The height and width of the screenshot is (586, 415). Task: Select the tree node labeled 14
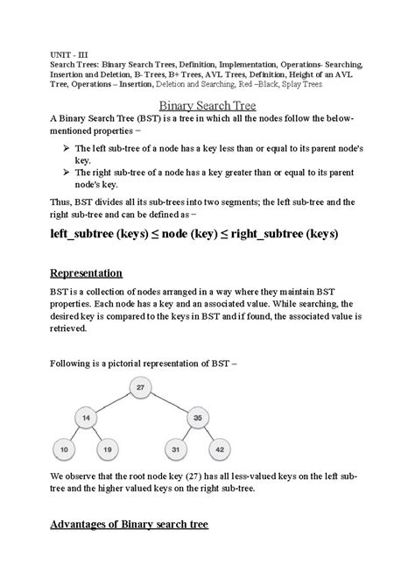[86, 420]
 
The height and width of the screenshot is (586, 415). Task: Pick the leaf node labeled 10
[62, 450]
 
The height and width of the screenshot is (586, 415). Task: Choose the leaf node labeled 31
[175, 450]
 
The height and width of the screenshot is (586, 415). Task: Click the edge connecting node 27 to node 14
[113, 404]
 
